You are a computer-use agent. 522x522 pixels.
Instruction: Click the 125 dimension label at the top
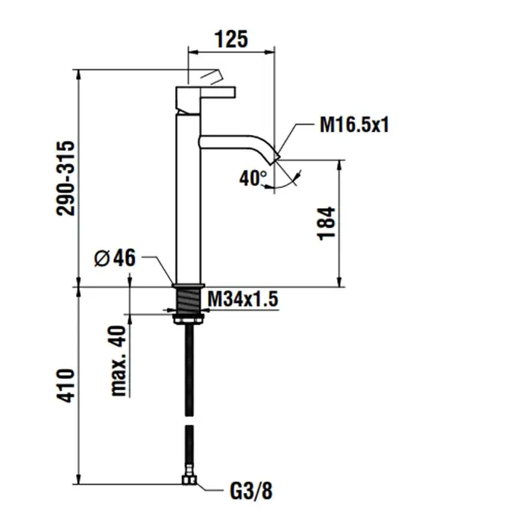(x=231, y=39)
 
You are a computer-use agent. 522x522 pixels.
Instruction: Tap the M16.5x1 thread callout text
(x=355, y=125)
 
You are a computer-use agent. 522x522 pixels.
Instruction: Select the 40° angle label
(x=254, y=178)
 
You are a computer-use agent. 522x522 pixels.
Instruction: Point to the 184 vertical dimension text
(x=327, y=223)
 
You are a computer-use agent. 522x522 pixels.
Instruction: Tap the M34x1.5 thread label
(x=242, y=299)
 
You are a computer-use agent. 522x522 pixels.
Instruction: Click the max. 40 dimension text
(x=119, y=362)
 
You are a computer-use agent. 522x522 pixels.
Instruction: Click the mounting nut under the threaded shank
(x=189, y=320)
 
